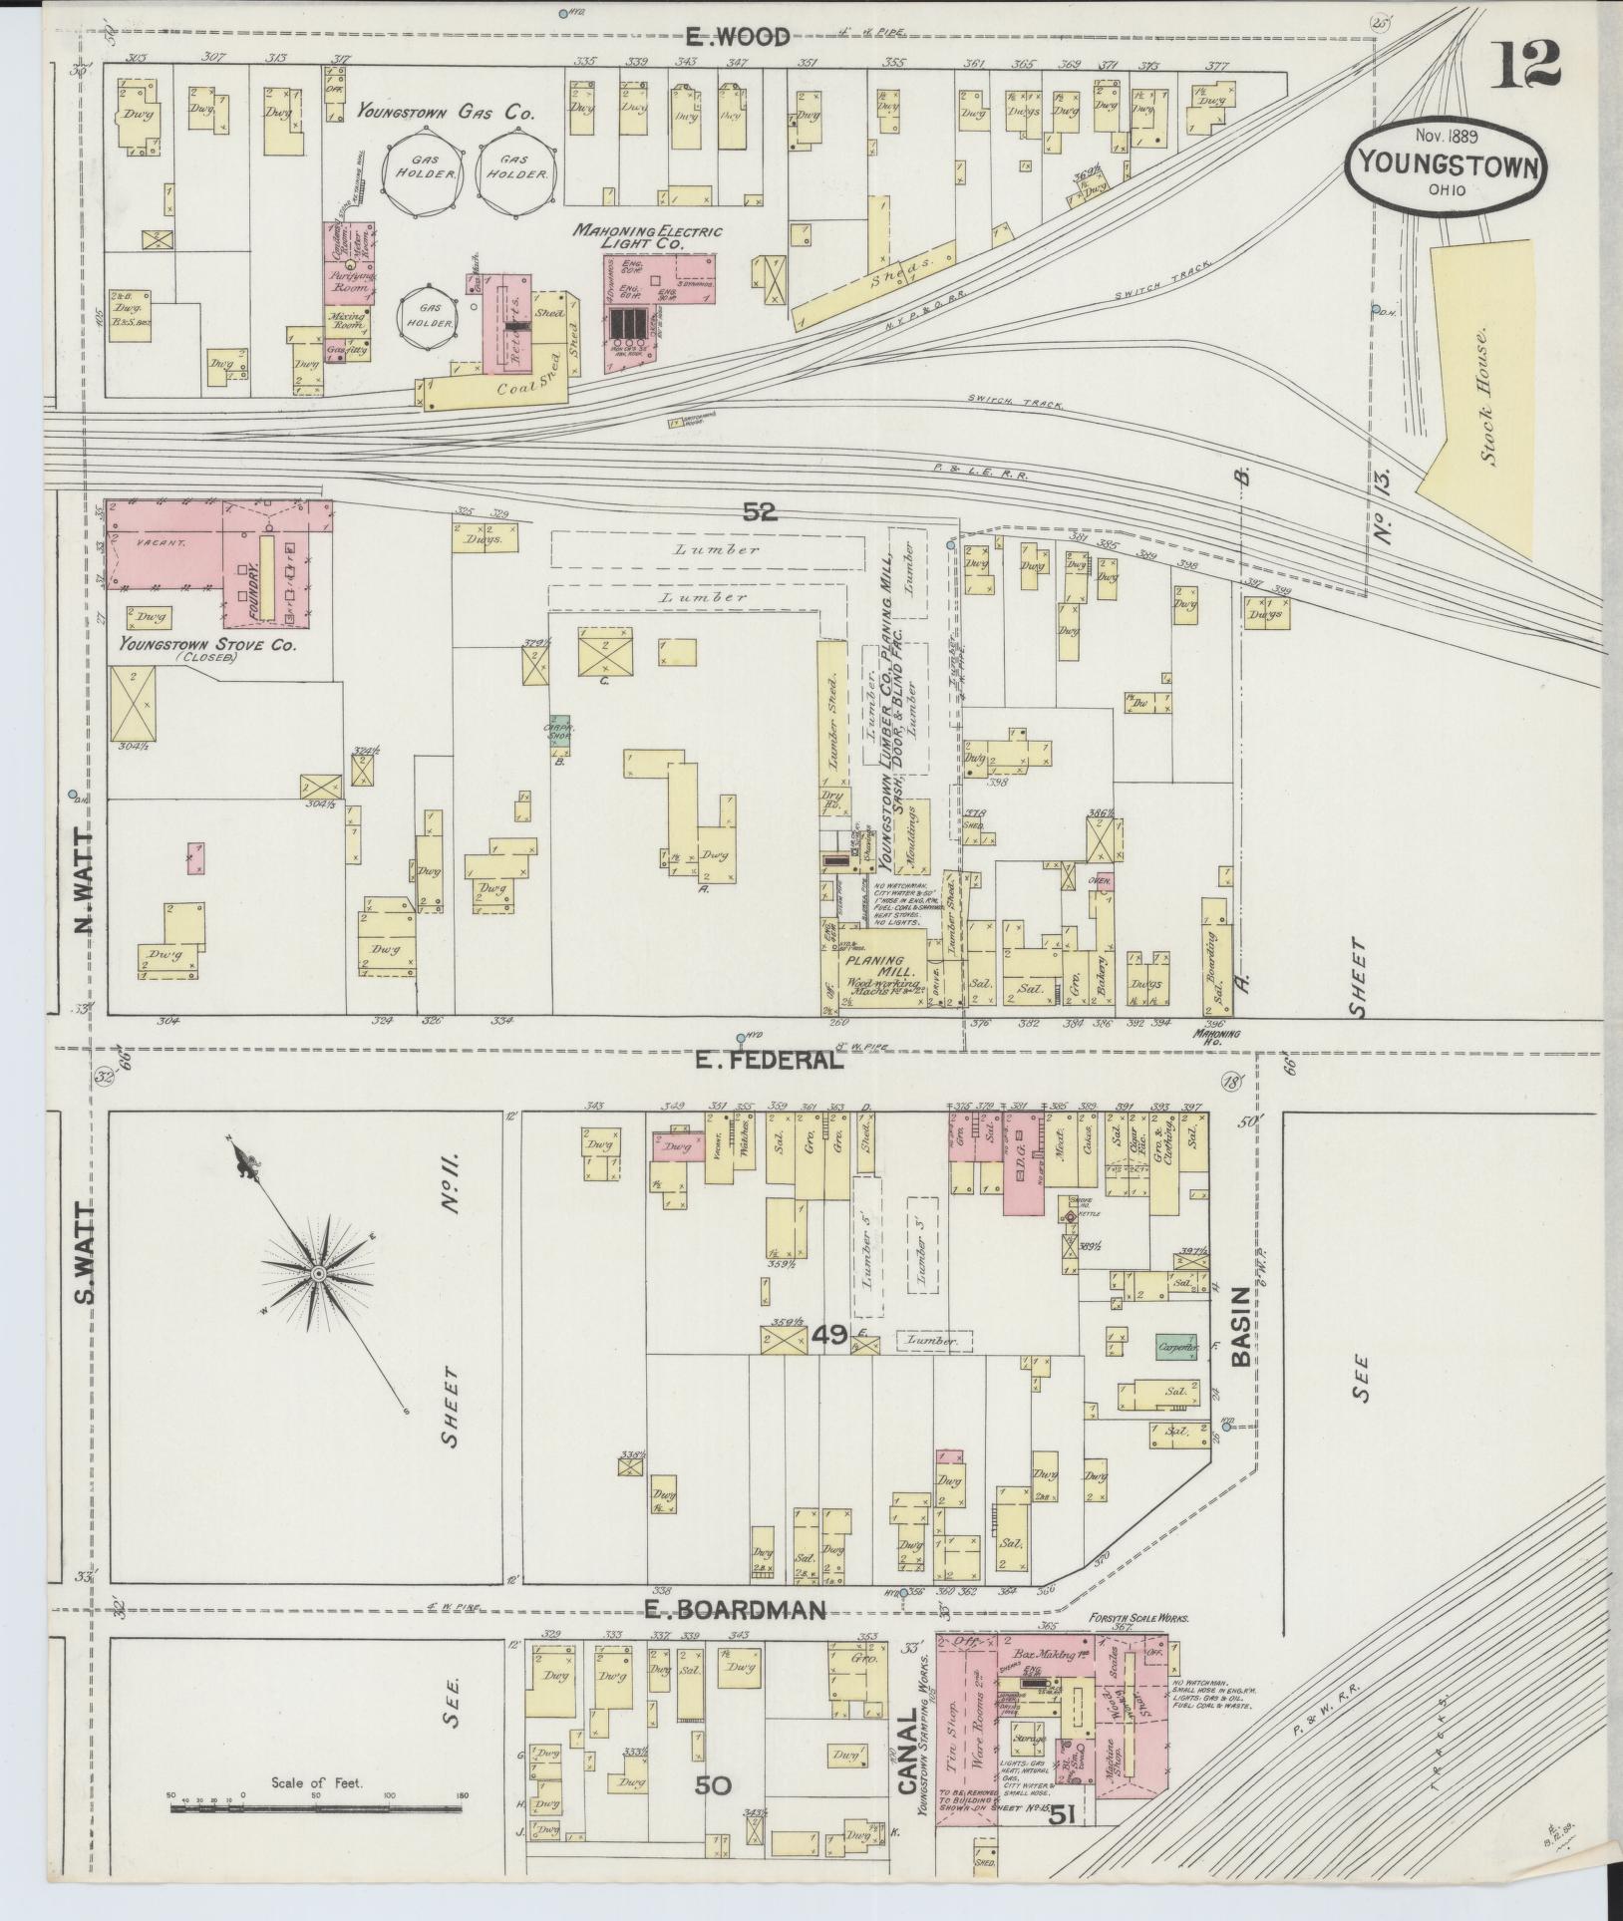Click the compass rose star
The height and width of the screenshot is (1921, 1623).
318,1274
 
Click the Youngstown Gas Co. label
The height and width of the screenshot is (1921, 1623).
446,114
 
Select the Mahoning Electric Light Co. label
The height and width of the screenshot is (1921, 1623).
647,237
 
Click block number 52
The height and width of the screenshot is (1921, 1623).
759,512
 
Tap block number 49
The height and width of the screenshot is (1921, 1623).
827,1335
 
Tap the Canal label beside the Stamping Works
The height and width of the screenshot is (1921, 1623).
907,1754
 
